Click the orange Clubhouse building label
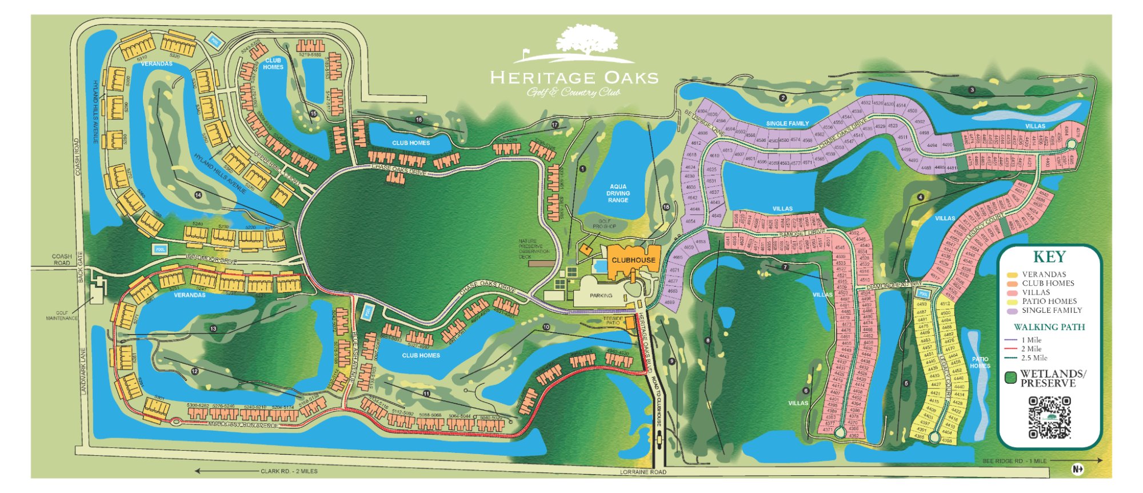633,260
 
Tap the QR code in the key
1049,418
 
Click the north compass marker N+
1077,469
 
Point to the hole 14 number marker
198,195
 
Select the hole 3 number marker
972,90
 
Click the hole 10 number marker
546,327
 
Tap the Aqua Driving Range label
618,193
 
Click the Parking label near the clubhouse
601,296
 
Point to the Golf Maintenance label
62,315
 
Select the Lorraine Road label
643,472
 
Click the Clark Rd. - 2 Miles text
289,471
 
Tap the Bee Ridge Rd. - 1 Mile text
1014,461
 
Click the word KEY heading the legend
1049,257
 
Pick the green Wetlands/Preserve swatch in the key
1010,378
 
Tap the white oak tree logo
587,41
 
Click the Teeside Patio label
613,321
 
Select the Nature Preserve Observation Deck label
534,249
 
